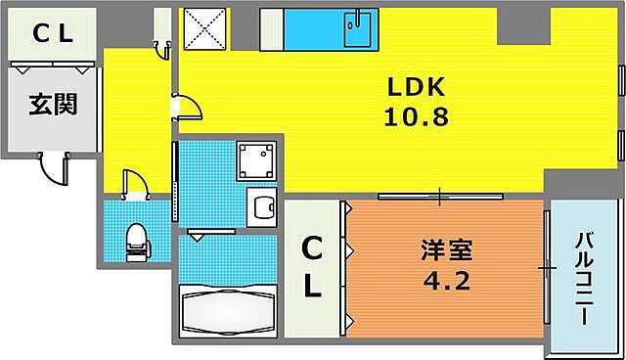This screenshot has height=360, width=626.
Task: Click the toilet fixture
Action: click(x=136, y=237)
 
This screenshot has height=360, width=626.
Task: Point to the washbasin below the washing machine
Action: click(x=261, y=207)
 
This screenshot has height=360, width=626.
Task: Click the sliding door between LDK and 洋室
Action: click(x=440, y=196)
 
